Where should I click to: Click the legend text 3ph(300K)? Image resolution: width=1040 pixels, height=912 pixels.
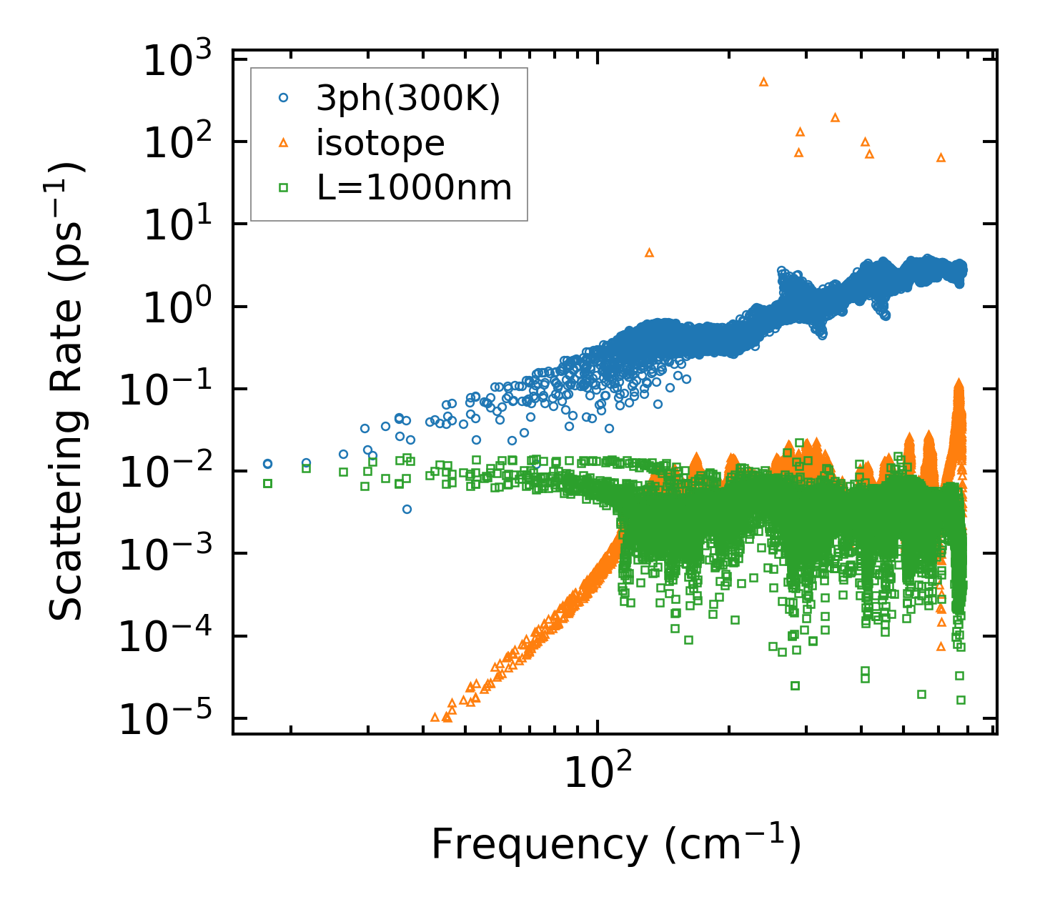pos(408,99)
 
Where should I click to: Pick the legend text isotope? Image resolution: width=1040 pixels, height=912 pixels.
pos(380,144)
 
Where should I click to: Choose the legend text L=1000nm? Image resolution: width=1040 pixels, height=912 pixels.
pos(414,188)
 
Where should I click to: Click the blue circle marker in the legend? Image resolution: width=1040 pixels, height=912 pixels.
pos(283,99)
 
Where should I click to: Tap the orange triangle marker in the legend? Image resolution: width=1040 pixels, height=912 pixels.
pos(283,144)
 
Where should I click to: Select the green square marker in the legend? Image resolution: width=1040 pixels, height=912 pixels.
pos(283,188)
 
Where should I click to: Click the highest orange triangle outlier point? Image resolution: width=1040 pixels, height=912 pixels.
pos(763,82)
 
